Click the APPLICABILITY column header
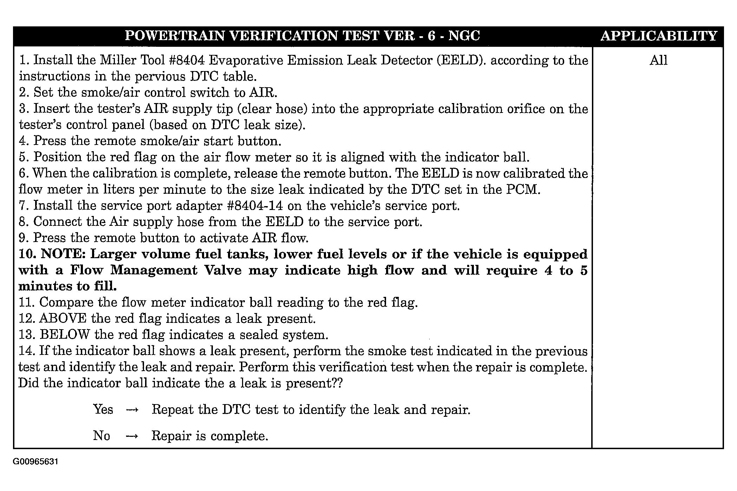tap(658, 36)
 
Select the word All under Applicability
tap(658, 60)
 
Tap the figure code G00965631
tap(35, 461)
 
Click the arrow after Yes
tap(132, 410)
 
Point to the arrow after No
tap(132, 436)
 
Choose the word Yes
tap(103, 410)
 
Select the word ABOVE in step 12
tap(63, 319)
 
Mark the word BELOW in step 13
tap(65, 335)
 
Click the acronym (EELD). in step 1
tap(461, 60)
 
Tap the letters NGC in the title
tap(464, 36)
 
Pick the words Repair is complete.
tap(210, 436)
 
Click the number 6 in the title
tap(432, 36)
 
